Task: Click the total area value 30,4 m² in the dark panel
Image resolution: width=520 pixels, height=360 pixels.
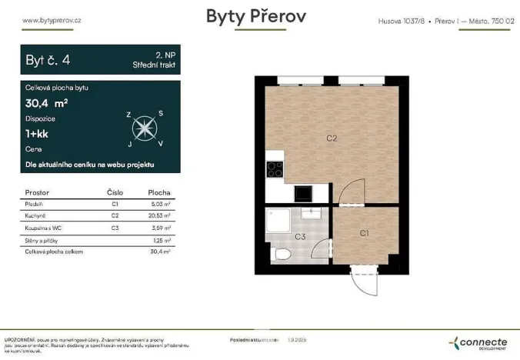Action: point(47,103)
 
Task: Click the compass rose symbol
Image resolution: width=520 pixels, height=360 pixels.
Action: point(145,128)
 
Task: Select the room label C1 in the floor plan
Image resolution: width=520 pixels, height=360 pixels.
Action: point(364,232)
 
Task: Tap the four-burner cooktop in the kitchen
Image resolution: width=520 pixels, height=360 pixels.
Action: point(275,170)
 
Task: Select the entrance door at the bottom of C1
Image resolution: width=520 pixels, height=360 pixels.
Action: point(362,278)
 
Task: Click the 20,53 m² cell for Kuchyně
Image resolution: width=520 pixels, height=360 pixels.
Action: point(159,216)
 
